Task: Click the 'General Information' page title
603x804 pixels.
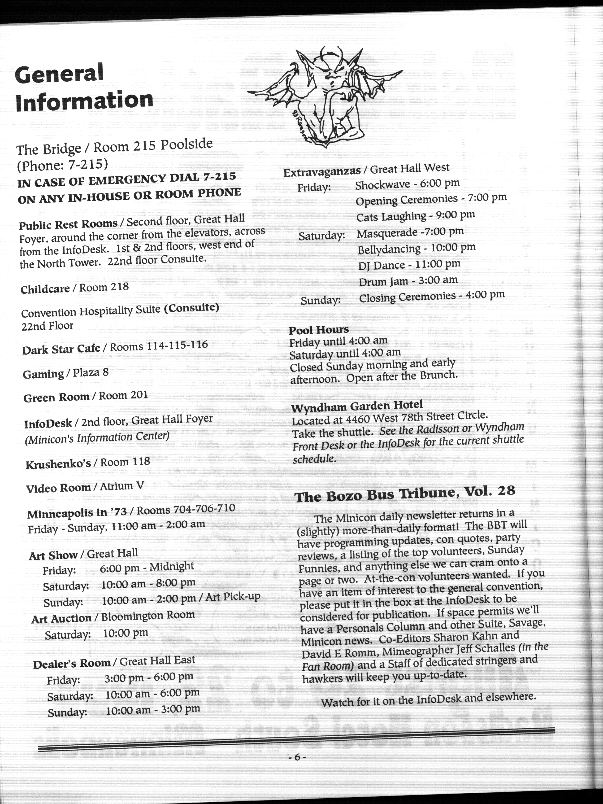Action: pyautogui.click(x=83, y=87)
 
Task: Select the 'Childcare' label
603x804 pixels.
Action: pyautogui.click(x=45, y=289)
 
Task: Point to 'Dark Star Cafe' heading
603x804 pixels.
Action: pyautogui.click(x=61, y=349)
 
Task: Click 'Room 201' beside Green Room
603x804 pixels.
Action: pyautogui.click(x=123, y=395)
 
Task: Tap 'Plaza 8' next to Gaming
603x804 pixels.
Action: pyautogui.click(x=91, y=372)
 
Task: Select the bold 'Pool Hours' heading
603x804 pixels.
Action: pyautogui.click(x=319, y=330)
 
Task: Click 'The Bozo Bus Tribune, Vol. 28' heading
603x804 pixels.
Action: pyautogui.click(x=404, y=494)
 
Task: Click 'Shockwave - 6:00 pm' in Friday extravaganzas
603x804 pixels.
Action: pyautogui.click(x=407, y=184)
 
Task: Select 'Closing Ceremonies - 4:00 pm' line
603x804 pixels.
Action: pyautogui.click(x=432, y=296)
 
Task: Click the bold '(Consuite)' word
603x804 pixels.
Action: pyautogui.click(x=191, y=308)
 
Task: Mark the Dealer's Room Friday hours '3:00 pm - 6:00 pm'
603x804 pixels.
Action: pyautogui.click(x=149, y=677)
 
